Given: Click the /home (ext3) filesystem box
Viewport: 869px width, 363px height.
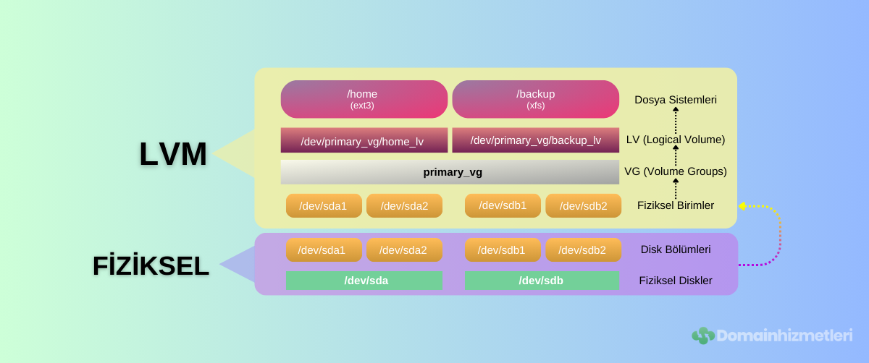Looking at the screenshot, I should click(364, 99).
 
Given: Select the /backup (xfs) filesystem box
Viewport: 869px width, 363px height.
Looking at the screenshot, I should click(535, 99).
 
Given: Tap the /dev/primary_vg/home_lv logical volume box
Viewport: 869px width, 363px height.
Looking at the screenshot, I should click(364, 140).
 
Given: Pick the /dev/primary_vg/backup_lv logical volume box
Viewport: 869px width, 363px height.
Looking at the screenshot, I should click(535, 140).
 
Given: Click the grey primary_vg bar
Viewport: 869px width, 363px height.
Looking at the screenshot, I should click(450, 172).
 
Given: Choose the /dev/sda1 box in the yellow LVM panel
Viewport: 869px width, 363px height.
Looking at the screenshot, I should click(323, 206).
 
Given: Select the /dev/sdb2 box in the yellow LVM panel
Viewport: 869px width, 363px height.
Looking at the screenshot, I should click(583, 206).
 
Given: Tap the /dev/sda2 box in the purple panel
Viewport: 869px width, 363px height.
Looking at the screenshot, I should click(403, 250).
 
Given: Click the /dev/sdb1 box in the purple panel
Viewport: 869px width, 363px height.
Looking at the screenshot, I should click(503, 250).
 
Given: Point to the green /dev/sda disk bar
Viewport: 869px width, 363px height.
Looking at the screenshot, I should click(364, 281).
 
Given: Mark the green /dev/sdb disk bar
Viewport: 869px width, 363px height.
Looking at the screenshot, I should click(542, 281).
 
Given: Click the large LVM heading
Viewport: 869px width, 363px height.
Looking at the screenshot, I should click(173, 154).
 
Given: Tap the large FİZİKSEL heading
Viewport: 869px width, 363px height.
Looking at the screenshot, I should click(151, 266).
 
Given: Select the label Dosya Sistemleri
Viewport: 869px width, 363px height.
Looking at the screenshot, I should click(675, 100).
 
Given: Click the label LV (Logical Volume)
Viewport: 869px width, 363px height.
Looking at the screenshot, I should click(675, 140).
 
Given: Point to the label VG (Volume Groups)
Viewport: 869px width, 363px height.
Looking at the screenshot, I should click(675, 171).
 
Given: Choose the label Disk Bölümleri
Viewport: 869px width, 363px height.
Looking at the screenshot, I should click(675, 249).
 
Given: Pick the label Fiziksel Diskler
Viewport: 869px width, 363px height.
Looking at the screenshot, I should click(675, 281).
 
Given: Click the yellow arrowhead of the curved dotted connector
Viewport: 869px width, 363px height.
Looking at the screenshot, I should click(742, 206).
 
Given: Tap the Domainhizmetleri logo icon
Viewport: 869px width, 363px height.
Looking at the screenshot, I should click(702, 336).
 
